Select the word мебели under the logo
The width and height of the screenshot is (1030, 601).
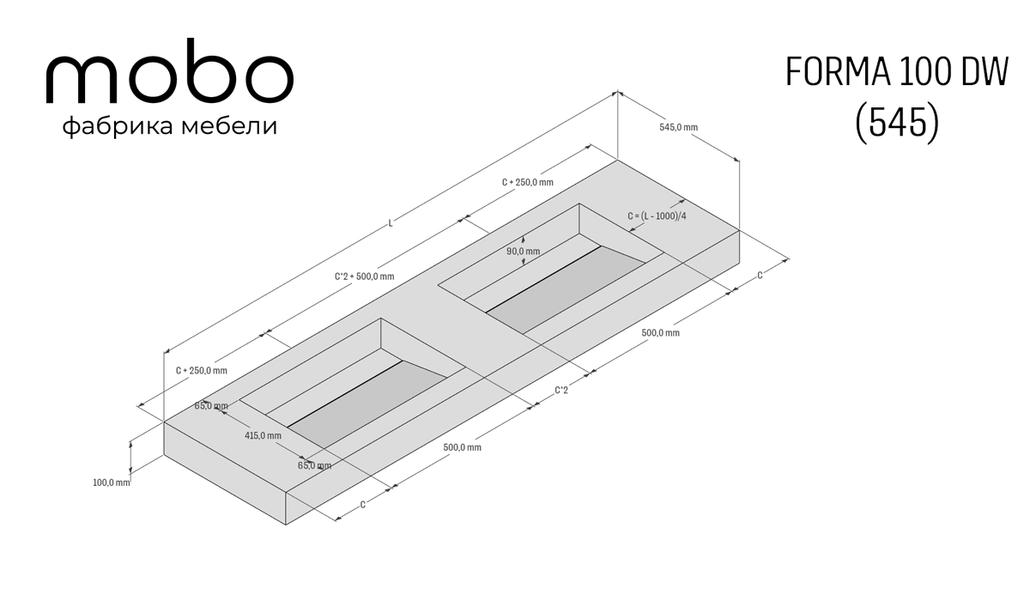[x=229, y=125]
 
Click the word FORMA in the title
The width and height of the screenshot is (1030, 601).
[x=839, y=72]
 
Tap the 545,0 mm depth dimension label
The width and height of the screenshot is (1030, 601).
[x=678, y=127]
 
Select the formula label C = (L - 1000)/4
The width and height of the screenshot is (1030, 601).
[x=657, y=216]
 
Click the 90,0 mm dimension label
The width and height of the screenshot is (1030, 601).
[x=524, y=252]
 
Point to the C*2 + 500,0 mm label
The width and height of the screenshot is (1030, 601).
[x=364, y=276]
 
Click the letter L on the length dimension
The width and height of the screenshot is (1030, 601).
[x=391, y=223]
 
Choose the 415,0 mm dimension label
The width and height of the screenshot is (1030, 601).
[x=263, y=435]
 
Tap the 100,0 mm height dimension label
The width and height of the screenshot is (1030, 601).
[x=112, y=483]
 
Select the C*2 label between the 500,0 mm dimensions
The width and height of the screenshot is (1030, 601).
[x=561, y=391]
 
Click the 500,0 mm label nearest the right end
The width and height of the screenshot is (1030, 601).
[x=660, y=333]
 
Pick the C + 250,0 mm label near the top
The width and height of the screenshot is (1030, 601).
[x=527, y=183]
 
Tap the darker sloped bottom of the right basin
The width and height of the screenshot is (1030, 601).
[x=566, y=288]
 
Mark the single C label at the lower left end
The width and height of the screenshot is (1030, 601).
[x=362, y=505]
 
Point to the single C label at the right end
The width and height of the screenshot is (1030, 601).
[x=760, y=276]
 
